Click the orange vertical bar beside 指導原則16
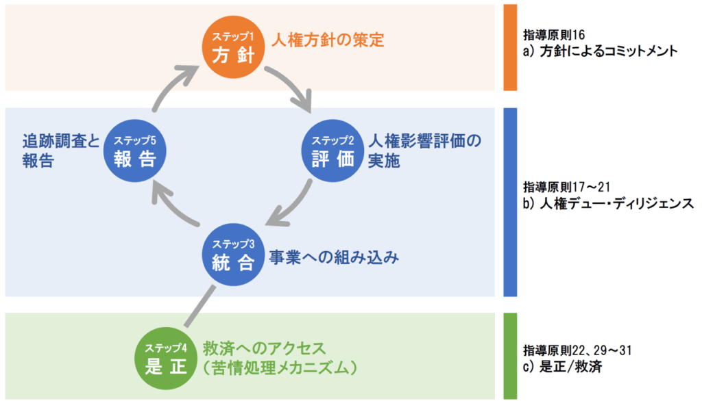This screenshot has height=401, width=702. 509,47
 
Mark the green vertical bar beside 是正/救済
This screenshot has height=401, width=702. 509,355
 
